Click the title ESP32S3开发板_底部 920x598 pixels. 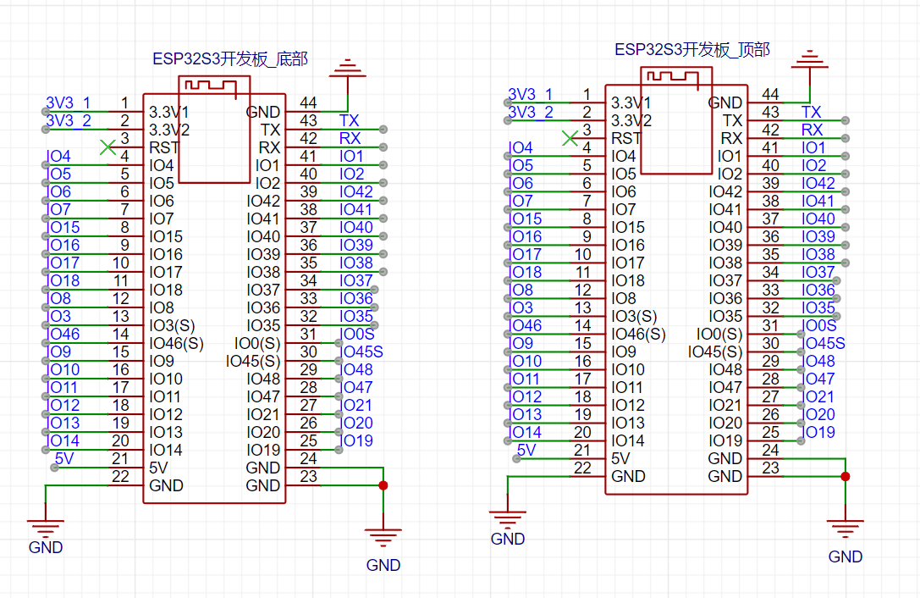pyautogui.click(x=230, y=58)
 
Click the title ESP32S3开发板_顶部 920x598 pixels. pyautogui.click(x=692, y=50)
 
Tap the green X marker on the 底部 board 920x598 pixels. pyautogui.click(x=107, y=147)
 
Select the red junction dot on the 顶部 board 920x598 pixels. pyautogui.click(x=845, y=476)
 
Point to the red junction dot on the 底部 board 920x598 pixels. pyautogui.click(x=383, y=485)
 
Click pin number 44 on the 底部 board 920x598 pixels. pyautogui.click(x=309, y=102)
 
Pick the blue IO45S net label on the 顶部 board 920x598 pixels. pyautogui.click(x=825, y=343)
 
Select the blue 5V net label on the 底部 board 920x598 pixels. pyautogui.click(x=64, y=458)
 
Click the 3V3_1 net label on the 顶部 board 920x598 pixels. pyautogui.click(x=531, y=94)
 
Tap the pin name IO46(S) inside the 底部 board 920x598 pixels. pyautogui.click(x=177, y=343)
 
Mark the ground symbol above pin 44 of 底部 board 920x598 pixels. pyautogui.click(x=348, y=68)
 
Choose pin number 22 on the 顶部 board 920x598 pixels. pyautogui.click(x=582, y=468)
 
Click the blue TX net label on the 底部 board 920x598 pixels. pyautogui.click(x=349, y=120)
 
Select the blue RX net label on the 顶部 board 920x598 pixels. pyautogui.click(x=812, y=130)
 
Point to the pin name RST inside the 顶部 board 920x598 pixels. pyautogui.click(x=626, y=138)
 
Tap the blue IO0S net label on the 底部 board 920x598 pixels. pyautogui.click(x=356, y=335)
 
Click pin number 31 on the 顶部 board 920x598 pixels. pyautogui.click(x=770, y=325)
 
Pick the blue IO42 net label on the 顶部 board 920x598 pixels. pyautogui.click(x=818, y=183)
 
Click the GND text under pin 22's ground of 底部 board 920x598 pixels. pyautogui.click(x=46, y=547)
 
